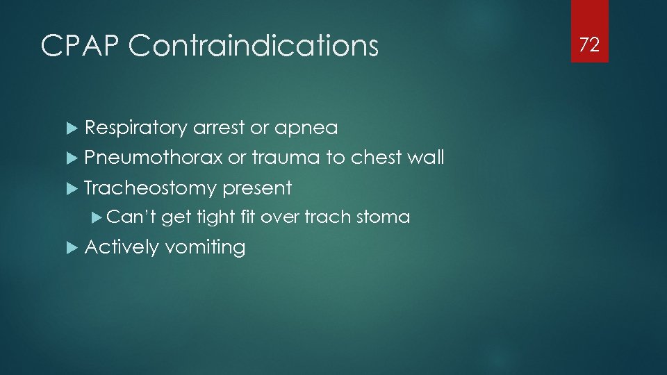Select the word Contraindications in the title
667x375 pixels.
[x=254, y=47]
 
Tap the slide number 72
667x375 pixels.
[x=589, y=46]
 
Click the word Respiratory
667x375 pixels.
[x=135, y=128]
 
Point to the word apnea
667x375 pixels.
[x=306, y=128]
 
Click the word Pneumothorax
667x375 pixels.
[x=153, y=158]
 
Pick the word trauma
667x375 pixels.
[x=286, y=158]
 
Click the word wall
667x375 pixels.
[x=425, y=158]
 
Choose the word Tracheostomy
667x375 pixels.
[x=150, y=188]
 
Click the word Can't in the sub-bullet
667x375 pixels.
[x=131, y=217]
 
